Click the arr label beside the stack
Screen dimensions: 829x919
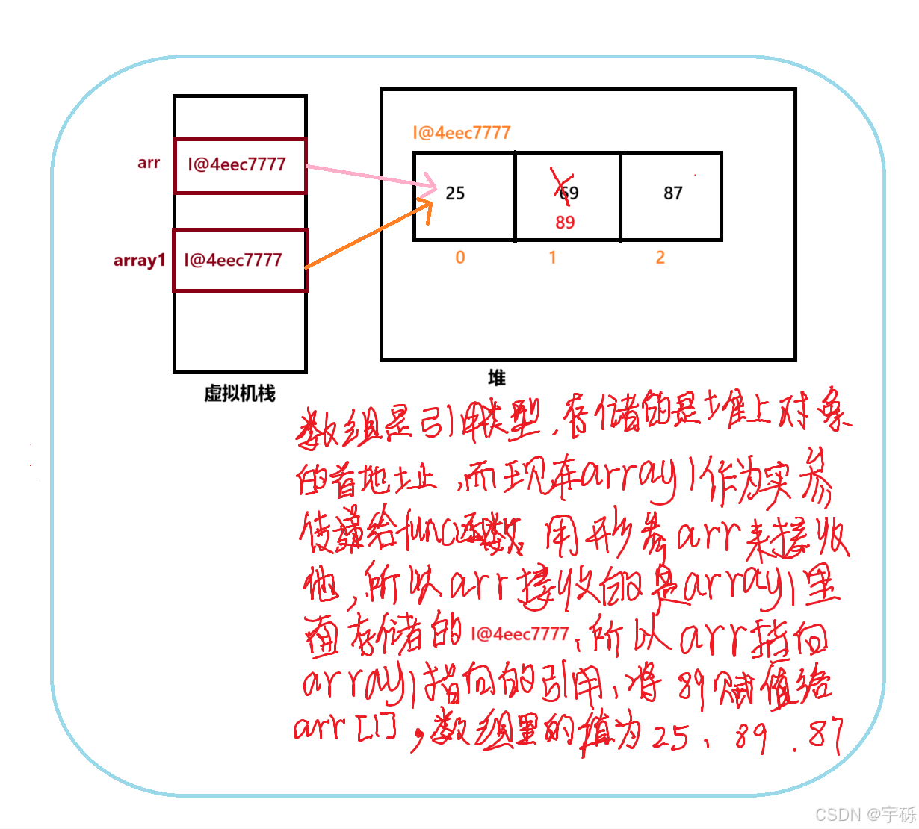[149, 163]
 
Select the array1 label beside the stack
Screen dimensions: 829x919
[139, 260]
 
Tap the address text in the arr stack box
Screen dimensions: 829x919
[237, 164]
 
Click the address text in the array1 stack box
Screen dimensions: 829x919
[233, 260]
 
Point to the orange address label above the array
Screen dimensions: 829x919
[462, 133]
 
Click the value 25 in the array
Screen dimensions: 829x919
[455, 193]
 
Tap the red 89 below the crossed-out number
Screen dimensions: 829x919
[565, 222]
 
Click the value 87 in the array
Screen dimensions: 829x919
[673, 193]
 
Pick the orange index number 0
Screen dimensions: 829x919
[460, 258]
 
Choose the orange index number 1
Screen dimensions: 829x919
[552, 258]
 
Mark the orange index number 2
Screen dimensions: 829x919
[660, 258]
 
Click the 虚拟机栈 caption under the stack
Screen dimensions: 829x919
[240, 394]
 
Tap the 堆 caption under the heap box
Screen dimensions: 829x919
[497, 378]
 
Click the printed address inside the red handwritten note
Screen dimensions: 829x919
[520, 634]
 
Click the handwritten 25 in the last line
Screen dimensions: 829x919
[670, 738]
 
